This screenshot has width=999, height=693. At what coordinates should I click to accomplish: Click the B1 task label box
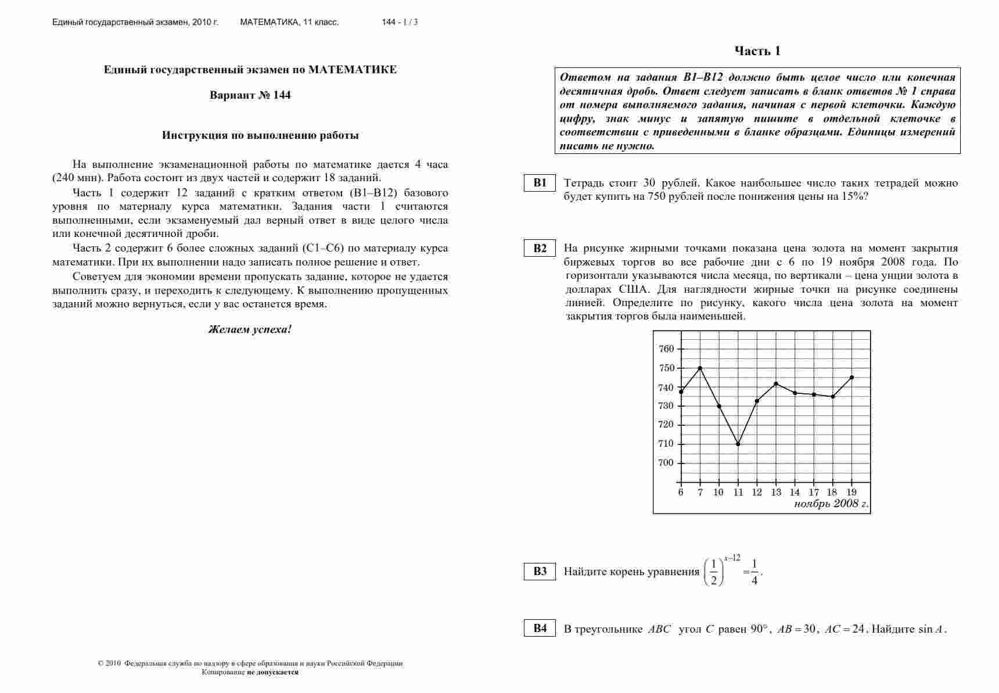(x=540, y=183)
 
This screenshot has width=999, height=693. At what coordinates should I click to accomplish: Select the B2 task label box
(x=540, y=249)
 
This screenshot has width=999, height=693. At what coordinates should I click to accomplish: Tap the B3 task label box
(x=540, y=571)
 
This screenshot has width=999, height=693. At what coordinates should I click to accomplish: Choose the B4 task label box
(x=540, y=628)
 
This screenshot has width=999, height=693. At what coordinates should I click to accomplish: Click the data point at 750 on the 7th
(x=700, y=368)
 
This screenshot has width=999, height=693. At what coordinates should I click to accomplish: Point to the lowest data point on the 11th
(x=738, y=444)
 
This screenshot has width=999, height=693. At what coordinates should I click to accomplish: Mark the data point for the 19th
(x=852, y=378)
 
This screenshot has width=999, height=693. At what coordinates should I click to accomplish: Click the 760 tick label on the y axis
(x=666, y=349)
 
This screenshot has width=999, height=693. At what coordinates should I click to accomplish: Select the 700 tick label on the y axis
(x=666, y=463)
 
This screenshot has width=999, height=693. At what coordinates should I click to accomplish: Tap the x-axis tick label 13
(x=776, y=493)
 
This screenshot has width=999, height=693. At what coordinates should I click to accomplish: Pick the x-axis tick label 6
(x=681, y=493)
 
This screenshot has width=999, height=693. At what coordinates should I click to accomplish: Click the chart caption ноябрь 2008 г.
(x=831, y=504)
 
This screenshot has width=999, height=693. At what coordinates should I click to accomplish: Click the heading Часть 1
(x=757, y=51)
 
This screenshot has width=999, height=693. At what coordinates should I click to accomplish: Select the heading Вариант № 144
(x=250, y=95)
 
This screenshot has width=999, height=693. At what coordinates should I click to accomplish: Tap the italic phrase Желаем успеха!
(x=250, y=329)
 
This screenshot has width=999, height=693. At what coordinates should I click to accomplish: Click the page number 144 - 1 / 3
(x=400, y=22)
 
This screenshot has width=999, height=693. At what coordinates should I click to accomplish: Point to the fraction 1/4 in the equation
(x=754, y=572)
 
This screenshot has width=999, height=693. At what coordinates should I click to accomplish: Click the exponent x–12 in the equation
(x=732, y=558)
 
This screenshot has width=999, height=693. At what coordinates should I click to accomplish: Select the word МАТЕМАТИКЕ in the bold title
(x=353, y=70)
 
